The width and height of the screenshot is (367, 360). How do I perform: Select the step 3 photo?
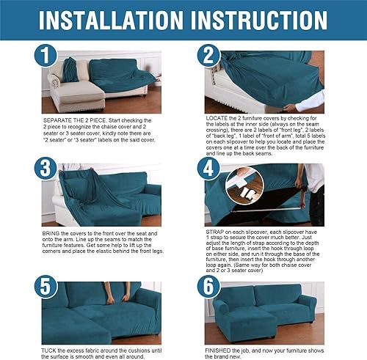(x=103, y=194)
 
